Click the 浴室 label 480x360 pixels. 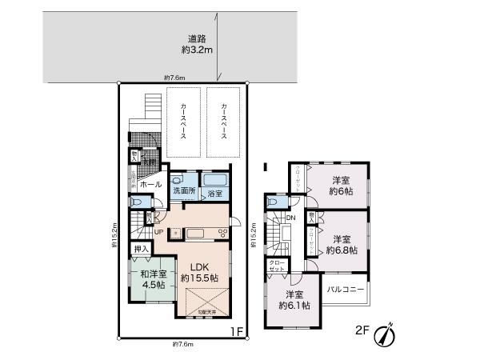pos(214,194)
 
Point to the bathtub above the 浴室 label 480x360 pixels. pos(214,180)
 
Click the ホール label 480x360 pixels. pos(150,185)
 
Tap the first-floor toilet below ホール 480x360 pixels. pos(147,217)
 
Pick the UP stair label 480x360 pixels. pos(159,232)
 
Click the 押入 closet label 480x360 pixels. pos(142,250)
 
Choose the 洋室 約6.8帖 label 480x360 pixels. pos(342,244)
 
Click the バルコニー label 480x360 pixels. pos(347,289)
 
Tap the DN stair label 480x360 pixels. pos(291,218)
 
